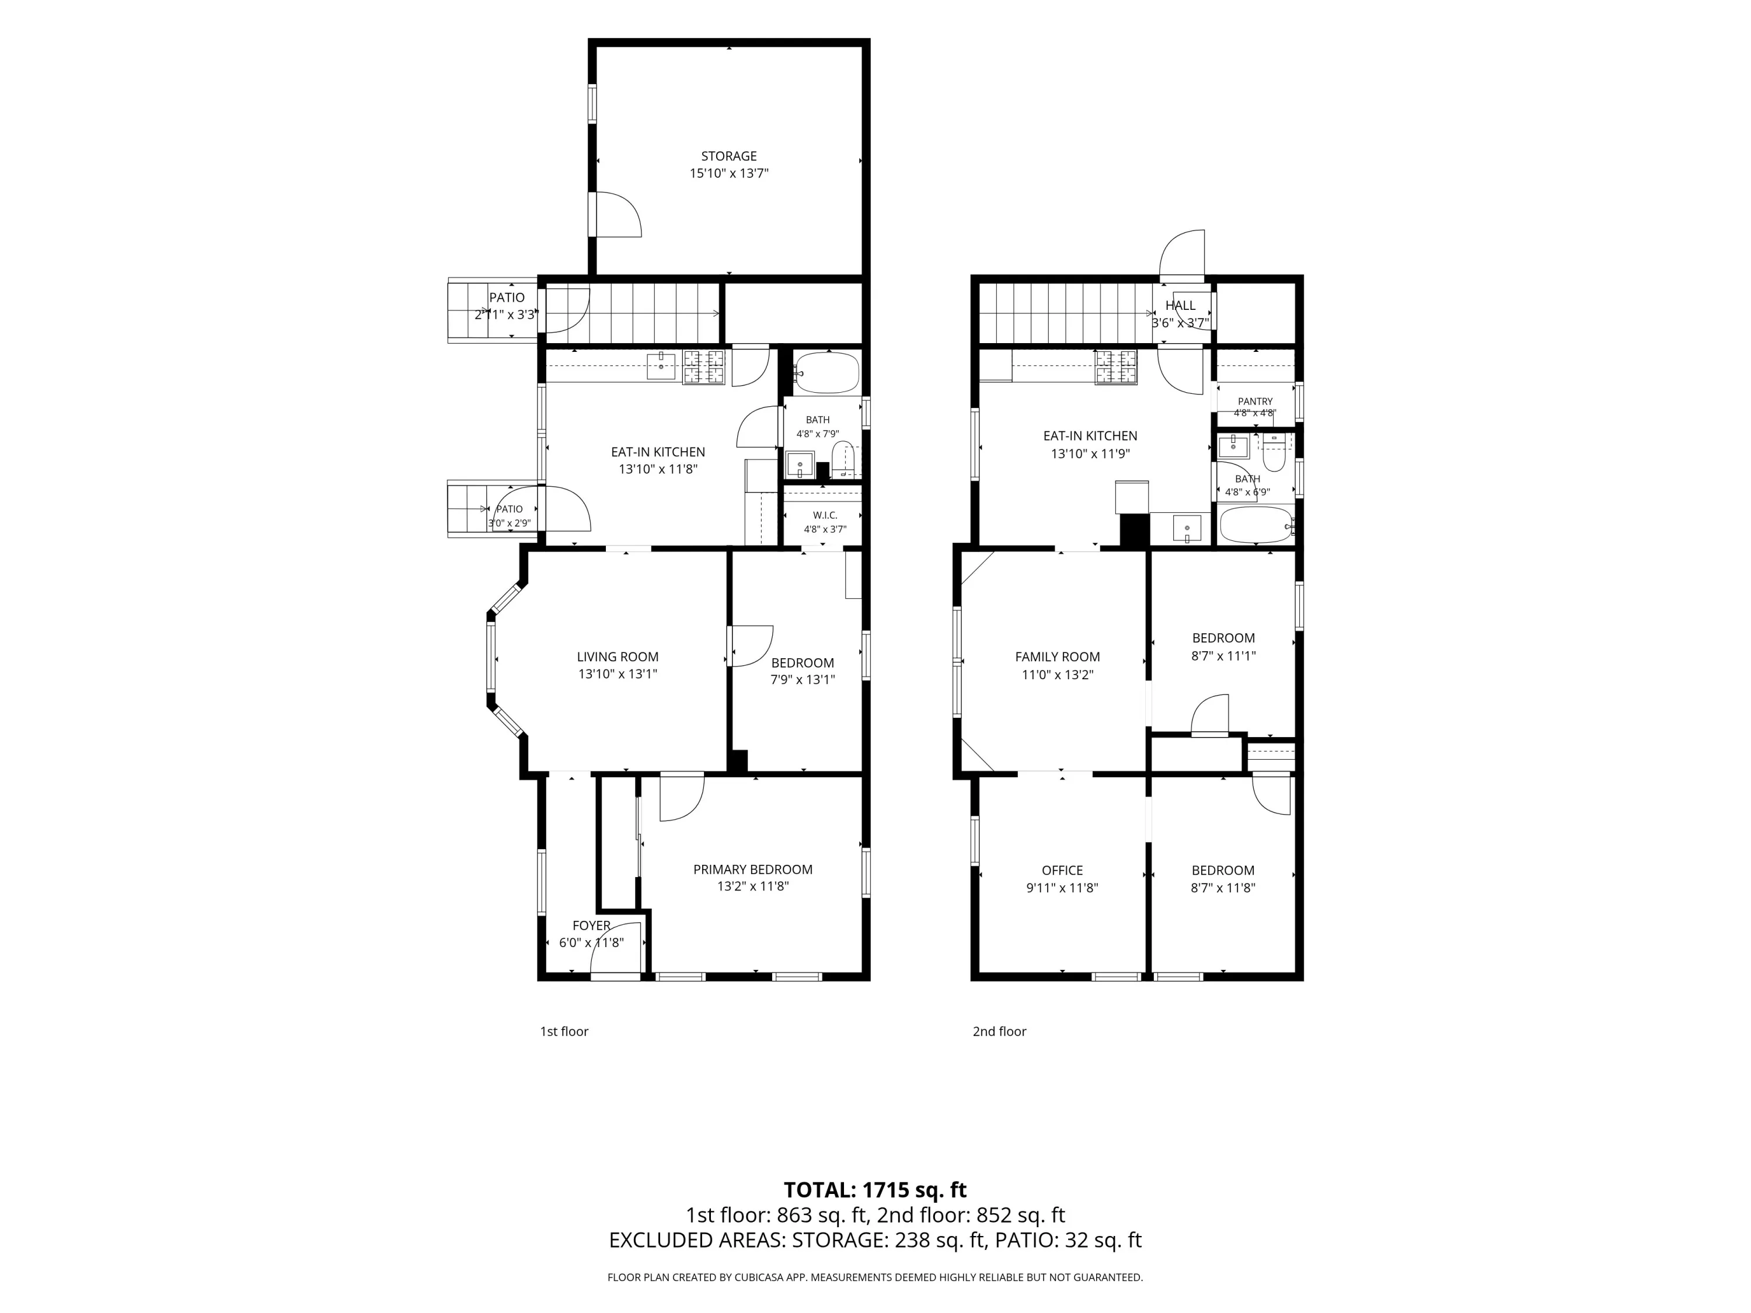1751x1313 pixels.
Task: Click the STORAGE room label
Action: tap(728, 156)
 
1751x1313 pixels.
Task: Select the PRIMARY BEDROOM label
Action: tap(753, 869)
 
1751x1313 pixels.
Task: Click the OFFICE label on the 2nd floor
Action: tap(1062, 870)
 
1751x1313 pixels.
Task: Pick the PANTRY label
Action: tap(1255, 401)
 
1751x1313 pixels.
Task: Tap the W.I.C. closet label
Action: tap(825, 515)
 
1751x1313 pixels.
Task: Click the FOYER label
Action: tap(591, 925)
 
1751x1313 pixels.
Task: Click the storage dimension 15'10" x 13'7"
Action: tap(729, 173)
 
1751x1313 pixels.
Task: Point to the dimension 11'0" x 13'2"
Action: tap(1058, 675)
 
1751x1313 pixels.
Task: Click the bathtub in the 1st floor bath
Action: tap(826, 373)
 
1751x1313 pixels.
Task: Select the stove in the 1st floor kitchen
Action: tap(704, 367)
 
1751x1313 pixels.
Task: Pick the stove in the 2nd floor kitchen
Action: tap(1115, 367)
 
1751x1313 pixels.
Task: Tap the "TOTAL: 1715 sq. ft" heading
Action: tap(875, 1189)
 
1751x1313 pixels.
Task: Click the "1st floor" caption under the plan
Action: tap(564, 1031)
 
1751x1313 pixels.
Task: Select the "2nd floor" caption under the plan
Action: tap(999, 1031)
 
